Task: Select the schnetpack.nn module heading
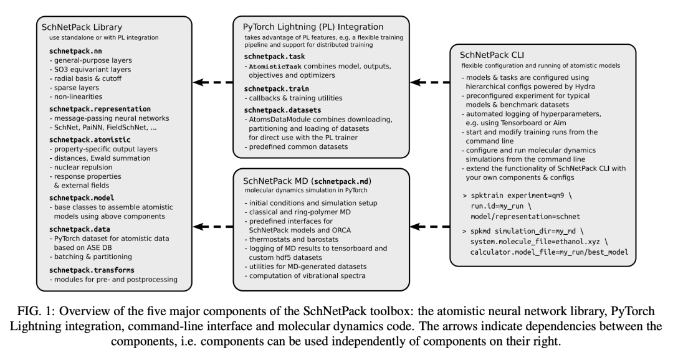(x=66, y=50)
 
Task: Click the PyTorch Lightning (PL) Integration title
(x=313, y=27)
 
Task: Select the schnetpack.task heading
(x=275, y=56)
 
